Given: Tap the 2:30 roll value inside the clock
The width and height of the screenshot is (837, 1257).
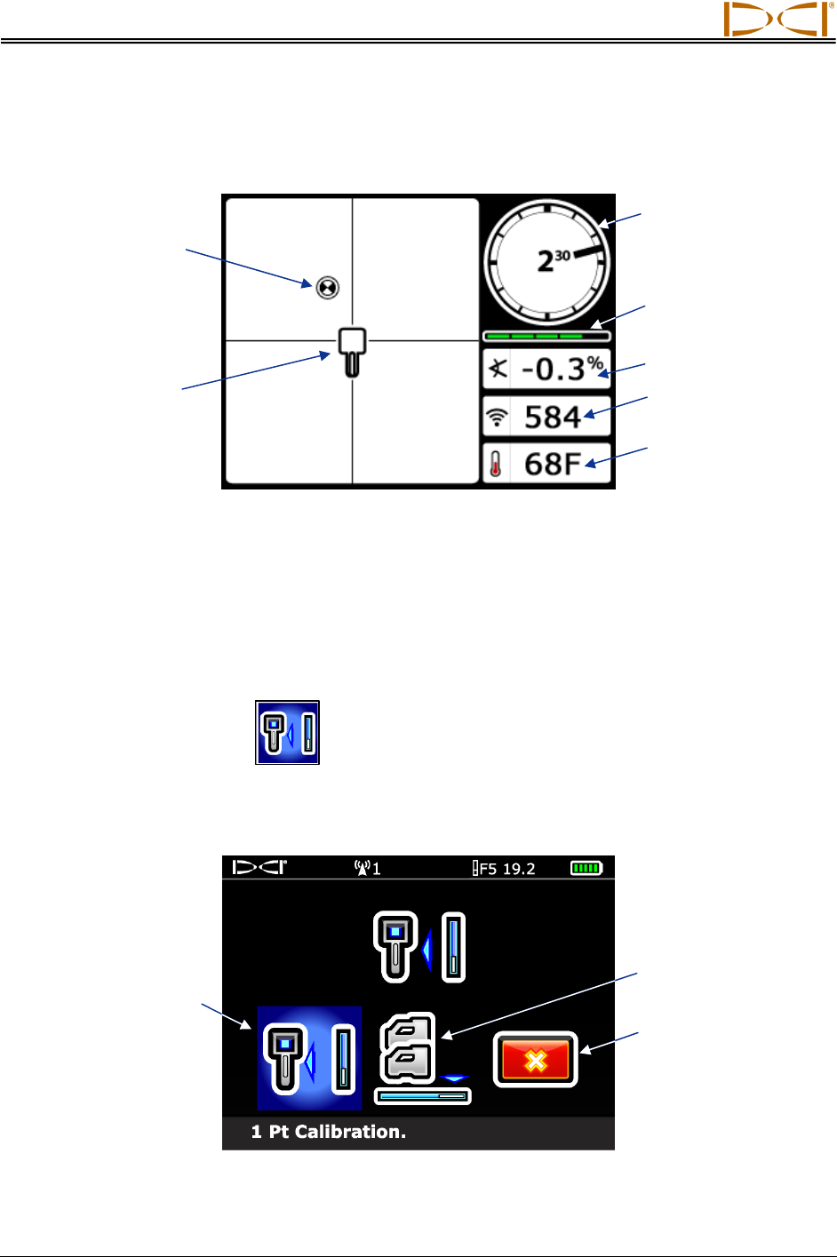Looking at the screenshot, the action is pos(553,261).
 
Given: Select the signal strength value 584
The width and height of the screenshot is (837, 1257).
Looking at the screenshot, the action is pos(552,417).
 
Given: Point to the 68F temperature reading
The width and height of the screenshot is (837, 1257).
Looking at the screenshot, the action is pos(552,464).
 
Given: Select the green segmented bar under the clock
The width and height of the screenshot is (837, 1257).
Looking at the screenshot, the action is pos(546,337).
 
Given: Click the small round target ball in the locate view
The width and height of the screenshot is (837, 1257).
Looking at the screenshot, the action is pos(327,286).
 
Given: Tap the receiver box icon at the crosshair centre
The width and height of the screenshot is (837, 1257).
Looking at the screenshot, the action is pos(352,349).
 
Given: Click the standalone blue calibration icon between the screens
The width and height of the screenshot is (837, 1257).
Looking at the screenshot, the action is pos(287,733).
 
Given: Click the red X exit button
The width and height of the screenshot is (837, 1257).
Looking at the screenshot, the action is pos(535,1059).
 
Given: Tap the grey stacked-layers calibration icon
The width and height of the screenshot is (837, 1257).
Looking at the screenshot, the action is pos(409,1049).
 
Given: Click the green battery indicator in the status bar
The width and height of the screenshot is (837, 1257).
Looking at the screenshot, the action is pos(586,868).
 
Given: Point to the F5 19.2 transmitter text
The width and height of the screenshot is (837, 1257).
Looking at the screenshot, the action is pos(504,868).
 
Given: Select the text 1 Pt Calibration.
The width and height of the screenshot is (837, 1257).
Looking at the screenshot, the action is pos(328,1132).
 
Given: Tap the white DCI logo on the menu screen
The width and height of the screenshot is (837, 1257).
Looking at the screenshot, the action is pos(259,867).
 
